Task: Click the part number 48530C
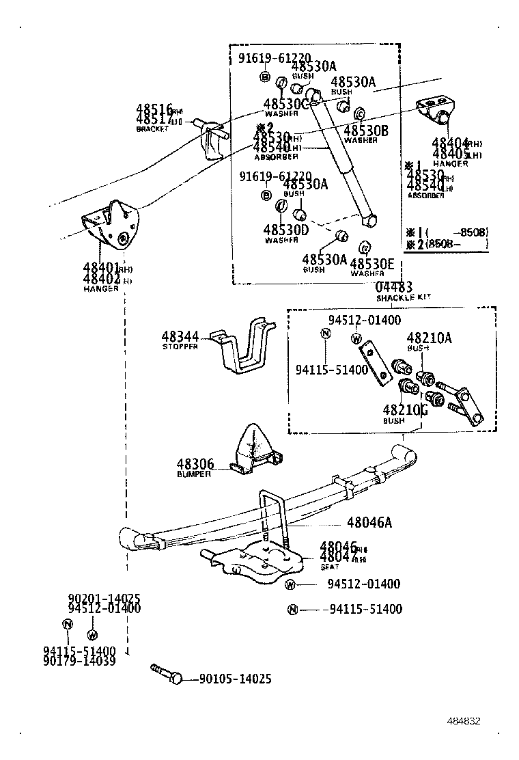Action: pyautogui.click(x=287, y=104)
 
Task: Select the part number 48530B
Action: pyautogui.click(x=365, y=131)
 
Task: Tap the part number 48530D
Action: pyautogui.click(x=285, y=230)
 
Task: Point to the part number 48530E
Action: pyautogui.click(x=371, y=264)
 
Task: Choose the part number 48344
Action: pyautogui.click(x=180, y=337)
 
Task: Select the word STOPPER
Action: pyautogui.click(x=180, y=347)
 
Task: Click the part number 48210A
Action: pyautogui.click(x=429, y=338)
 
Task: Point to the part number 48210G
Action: pyautogui.click(x=405, y=410)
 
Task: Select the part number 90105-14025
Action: pyautogui.click(x=236, y=679)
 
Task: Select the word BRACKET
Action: pyautogui.click(x=152, y=129)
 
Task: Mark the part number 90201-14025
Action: pyautogui.click(x=104, y=599)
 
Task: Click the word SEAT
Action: pyautogui.click(x=330, y=567)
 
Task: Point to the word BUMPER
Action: pyautogui.click(x=194, y=474)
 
